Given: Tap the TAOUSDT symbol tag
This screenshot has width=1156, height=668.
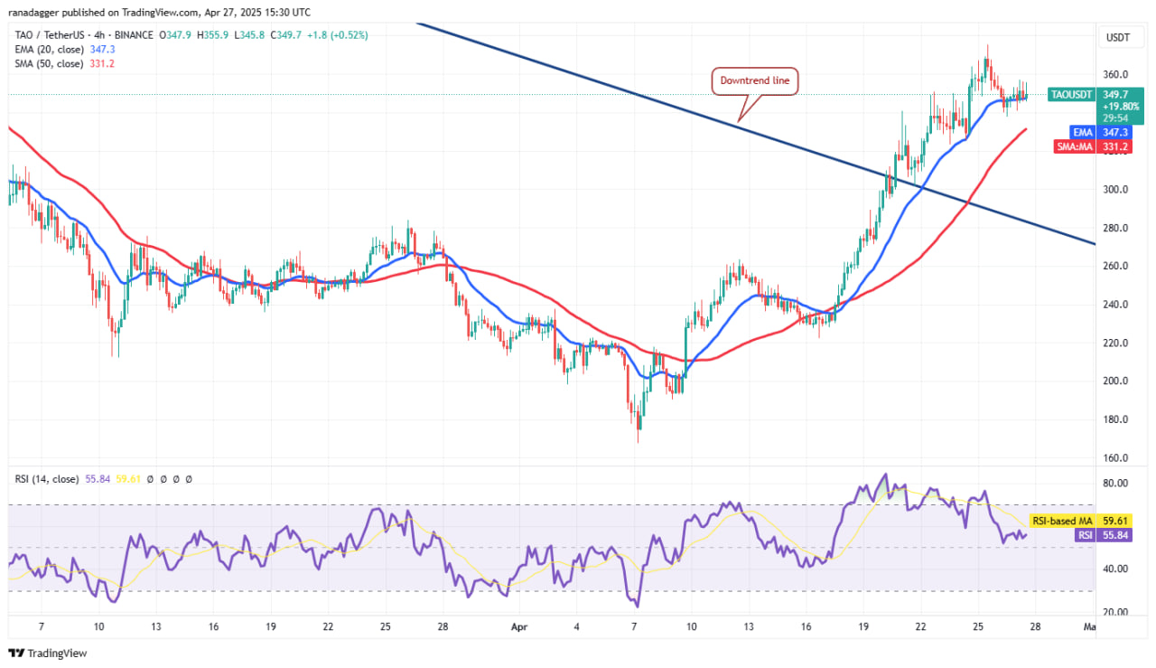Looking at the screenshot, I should click(1071, 94).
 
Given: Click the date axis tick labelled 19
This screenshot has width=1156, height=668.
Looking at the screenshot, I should click(863, 626).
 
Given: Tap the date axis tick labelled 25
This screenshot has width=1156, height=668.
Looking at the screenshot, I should click(978, 626).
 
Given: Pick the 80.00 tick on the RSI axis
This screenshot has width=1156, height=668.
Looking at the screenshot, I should click(1116, 484).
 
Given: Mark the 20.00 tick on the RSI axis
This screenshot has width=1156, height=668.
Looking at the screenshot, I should click(1116, 612).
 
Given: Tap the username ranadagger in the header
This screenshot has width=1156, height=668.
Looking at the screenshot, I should click(38, 13).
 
